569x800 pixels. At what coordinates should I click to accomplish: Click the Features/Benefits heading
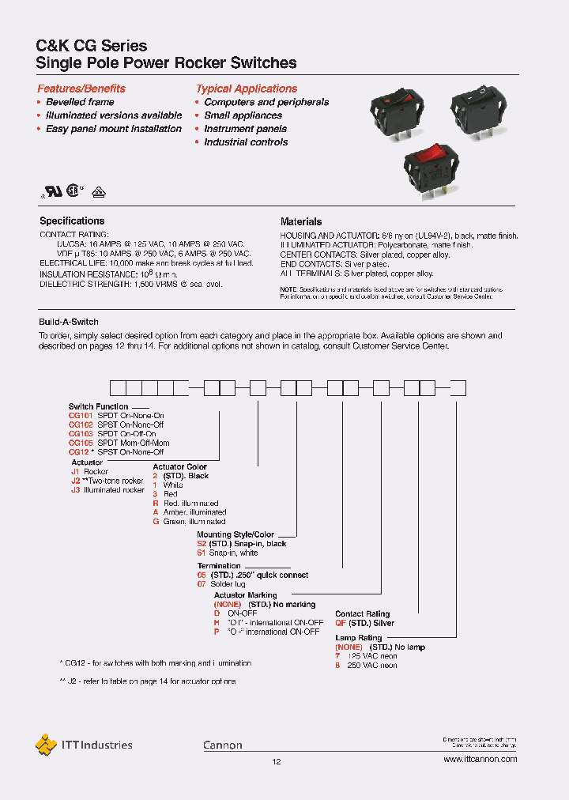pyautogui.click(x=81, y=89)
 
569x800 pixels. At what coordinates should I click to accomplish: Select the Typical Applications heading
pyautogui.click(x=247, y=89)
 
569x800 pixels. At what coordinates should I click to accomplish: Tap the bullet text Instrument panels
pyautogui.click(x=245, y=129)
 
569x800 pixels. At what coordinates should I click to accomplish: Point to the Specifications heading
pyautogui.click(x=72, y=221)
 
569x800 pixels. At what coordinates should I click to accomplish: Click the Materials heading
pyautogui.click(x=301, y=222)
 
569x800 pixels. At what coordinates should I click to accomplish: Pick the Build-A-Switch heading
pyautogui.click(x=69, y=323)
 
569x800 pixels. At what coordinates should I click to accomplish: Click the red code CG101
pyautogui.click(x=81, y=416)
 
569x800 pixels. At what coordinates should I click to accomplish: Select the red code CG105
pyautogui.click(x=81, y=443)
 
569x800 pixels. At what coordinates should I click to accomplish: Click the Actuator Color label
pyautogui.click(x=179, y=467)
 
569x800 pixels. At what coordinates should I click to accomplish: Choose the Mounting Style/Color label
pyautogui.click(x=236, y=535)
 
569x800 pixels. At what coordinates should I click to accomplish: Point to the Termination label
pyautogui.click(x=219, y=566)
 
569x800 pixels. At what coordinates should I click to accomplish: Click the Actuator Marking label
pyautogui.click(x=246, y=595)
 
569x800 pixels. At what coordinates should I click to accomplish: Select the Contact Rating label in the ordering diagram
pyautogui.click(x=362, y=614)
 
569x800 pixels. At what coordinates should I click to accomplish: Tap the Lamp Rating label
pyautogui.click(x=359, y=638)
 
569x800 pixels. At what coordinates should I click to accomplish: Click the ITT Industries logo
pyautogui.click(x=85, y=744)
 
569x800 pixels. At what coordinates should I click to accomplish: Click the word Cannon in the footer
pyautogui.click(x=223, y=745)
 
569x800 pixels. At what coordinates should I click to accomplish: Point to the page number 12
pyautogui.click(x=277, y=762)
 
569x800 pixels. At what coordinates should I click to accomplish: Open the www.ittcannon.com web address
pyautogui.click(x=480, y=759)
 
